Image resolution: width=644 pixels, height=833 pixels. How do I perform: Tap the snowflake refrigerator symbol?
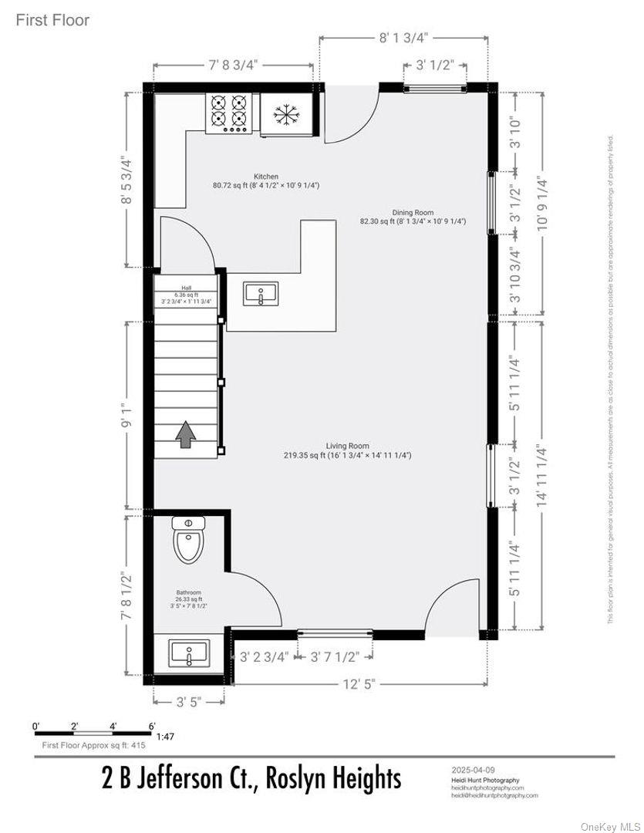286,115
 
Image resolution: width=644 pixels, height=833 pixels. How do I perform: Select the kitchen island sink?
261,294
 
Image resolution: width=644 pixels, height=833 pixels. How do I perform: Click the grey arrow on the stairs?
185,434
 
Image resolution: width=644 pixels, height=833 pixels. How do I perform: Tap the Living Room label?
347,446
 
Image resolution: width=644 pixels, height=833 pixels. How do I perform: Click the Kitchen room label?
266,177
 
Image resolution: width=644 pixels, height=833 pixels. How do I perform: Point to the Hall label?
186,288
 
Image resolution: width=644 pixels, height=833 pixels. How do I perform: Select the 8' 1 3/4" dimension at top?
402,36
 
